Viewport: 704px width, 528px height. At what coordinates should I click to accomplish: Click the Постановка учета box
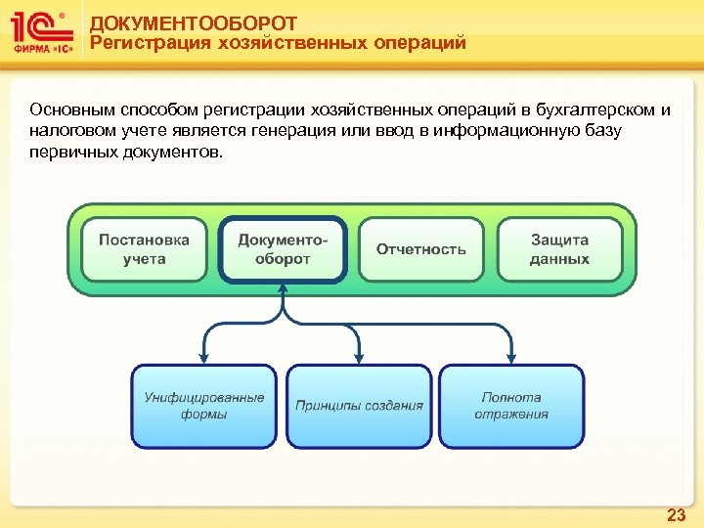[x=144, y=249]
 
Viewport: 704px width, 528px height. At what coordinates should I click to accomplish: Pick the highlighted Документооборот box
[x=283, y=249]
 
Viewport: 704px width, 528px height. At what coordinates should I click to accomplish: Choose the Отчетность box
[x=421, y=249]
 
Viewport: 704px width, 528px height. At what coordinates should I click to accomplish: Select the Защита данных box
[x=559, y=249]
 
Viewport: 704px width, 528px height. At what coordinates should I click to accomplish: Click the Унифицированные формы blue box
[x=204, y=406]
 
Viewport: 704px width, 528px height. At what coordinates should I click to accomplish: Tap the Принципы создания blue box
[x=359, y=406]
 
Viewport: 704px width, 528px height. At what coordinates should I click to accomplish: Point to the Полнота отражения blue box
[x=511, y=406]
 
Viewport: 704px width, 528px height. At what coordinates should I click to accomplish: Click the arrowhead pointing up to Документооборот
[x=283, y=289]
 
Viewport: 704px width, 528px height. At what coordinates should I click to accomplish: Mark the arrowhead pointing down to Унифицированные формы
[x=204, y=357]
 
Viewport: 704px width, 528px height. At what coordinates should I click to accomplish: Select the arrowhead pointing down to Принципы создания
[x=359, y=357]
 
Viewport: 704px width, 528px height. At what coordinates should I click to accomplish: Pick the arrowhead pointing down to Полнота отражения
[x=512, y=357]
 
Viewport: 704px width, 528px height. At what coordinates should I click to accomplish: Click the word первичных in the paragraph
[x=71, y=153]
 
